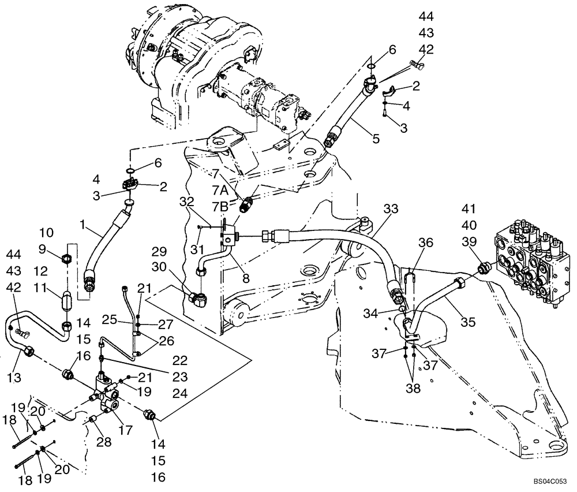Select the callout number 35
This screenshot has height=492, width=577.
point(469,322)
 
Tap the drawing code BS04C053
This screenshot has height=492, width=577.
point(551,480)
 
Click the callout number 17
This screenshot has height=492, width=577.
point(125,430)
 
